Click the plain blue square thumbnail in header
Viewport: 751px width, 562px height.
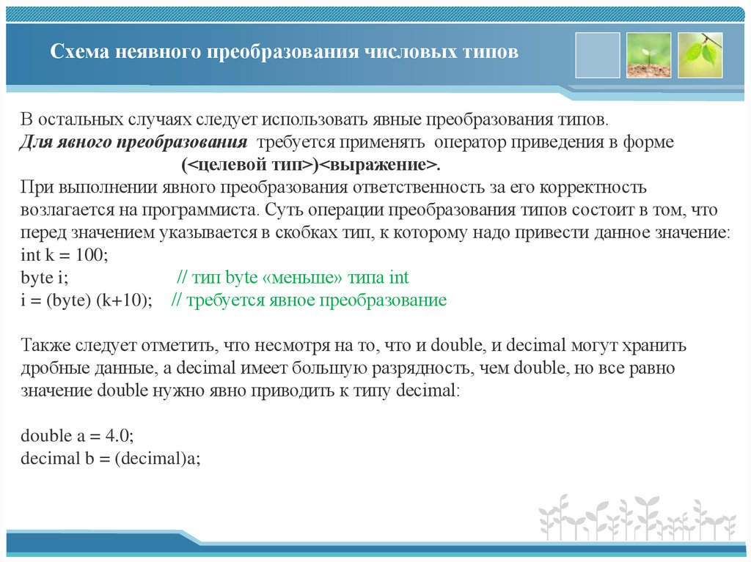[598, 55]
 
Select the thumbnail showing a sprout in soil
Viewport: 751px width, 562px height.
[648, 55]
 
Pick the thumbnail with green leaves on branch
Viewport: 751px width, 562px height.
[700, 55]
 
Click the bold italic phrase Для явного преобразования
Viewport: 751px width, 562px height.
[133, 141]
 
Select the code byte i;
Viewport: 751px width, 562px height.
[44, 278]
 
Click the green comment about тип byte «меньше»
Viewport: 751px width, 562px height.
[293, 278]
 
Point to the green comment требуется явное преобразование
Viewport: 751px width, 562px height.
[309, 300]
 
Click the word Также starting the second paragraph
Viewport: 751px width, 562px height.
[45, 344]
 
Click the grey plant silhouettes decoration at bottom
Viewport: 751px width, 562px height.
[637, 517]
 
